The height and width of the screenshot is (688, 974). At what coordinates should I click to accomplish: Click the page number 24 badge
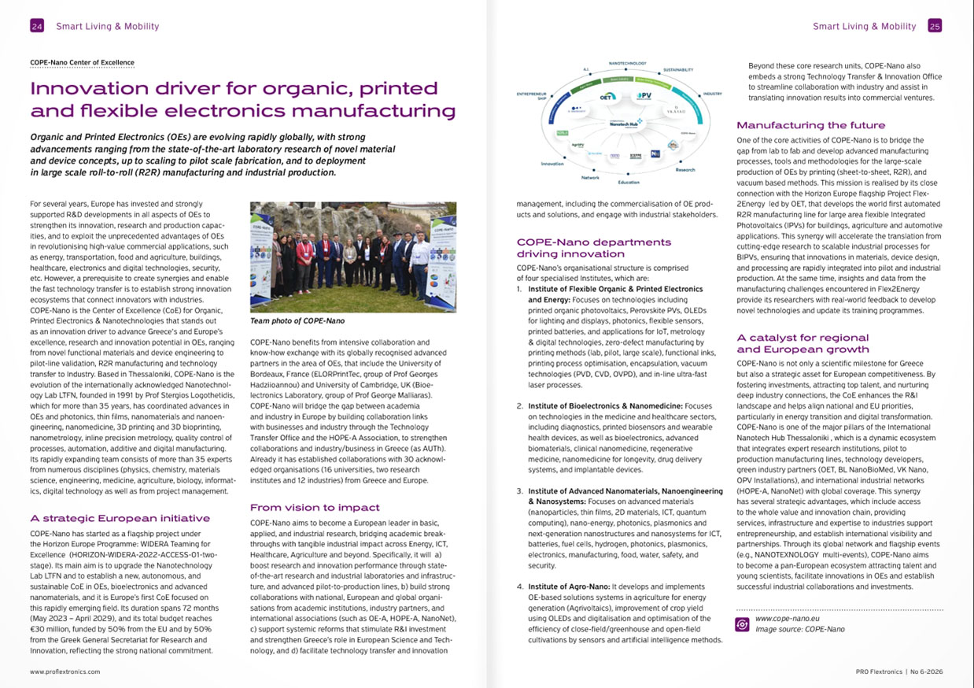click(x=36, y=26)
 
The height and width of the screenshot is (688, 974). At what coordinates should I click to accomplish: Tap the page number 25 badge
click(x=935, y=26)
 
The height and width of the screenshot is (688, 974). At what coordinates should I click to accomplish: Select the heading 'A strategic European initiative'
click(x=120, y=518)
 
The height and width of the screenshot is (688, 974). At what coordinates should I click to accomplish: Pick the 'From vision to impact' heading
click(x=315, y=507)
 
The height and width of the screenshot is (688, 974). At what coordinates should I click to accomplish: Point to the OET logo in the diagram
click(x=607, y=96)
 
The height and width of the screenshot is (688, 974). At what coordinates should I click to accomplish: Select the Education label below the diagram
click(x=629, y=182)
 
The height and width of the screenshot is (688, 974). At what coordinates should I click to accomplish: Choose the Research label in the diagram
click(x=685, y=170)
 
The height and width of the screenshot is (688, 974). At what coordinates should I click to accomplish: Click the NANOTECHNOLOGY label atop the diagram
click(x=628, y=63)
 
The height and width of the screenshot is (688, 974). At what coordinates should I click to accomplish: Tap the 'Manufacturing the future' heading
click(x=810, y=125)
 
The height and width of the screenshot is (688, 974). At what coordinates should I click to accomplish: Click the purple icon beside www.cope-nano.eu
click(x=741, y=623)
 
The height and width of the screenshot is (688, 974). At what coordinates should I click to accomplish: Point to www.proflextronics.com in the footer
click(x=65, y=672)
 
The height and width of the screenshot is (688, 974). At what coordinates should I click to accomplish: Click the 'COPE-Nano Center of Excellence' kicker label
click(x=82, y=62)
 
